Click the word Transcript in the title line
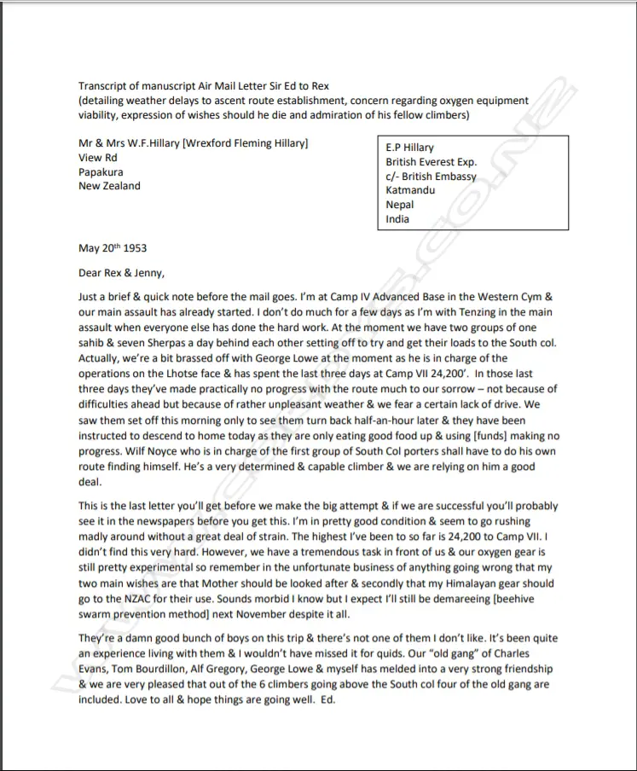coord(105,85)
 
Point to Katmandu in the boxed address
coord(410,190)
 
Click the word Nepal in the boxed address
coord(400,205)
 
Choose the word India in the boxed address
coord(397,219)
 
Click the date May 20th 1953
coord(113,249)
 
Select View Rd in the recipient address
coord(96,158)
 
